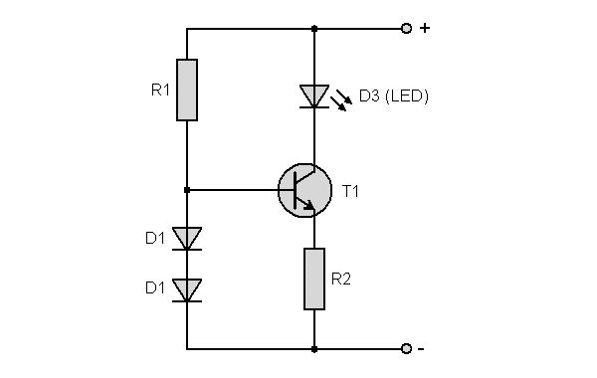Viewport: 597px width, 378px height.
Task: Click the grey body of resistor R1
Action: click(187, 90)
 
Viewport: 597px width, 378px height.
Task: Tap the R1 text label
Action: click(160, 91)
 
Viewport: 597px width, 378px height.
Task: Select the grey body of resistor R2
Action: click(314, 280)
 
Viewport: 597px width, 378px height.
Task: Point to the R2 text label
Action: click(340, 280)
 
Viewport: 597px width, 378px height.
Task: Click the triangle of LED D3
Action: click(314, 95)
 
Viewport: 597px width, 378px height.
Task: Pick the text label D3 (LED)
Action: click(394, 95)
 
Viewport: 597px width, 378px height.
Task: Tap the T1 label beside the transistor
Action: click(350, 191)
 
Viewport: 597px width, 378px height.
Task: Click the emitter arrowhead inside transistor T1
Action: click(309, 205)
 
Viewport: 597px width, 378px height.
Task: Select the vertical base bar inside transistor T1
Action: click(296, 190)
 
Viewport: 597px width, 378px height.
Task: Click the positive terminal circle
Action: click(407, 28)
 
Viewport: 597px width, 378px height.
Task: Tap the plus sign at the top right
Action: click(425, 28)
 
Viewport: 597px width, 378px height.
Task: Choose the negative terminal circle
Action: click(407, 348)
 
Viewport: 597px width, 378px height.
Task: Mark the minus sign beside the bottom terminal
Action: click(421, 349)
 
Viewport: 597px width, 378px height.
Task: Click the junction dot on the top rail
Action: click(314, 29)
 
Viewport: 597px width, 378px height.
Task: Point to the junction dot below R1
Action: click(187, 190)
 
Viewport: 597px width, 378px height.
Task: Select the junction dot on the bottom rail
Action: click(314, 349)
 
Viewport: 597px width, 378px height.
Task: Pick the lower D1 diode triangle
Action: click(187, 289)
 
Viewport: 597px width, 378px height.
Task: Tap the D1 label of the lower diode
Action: click(155, 288)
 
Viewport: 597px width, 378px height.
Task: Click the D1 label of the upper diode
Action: click(155, 239)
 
